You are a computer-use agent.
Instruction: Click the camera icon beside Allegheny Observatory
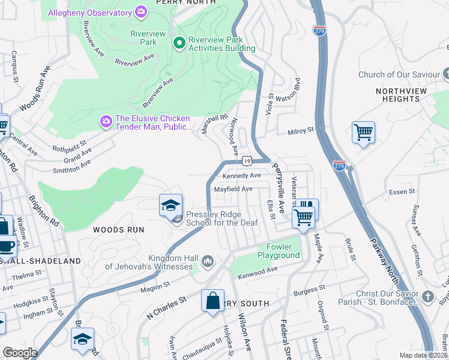click(x=142, y=11)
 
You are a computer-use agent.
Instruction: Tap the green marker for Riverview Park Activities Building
click(x=178, y=43)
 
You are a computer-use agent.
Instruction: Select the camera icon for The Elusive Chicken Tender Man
click(x=106, y=122)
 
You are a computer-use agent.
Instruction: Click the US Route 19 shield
click(x=247, y=161)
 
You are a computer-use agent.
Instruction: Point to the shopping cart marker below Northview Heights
click(x=363, y=132)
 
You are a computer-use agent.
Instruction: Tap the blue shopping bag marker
click(x=212, y=301)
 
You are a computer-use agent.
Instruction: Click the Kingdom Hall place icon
click(x=208, y=261)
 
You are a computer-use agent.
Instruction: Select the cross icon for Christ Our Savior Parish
click(x=427, y=297)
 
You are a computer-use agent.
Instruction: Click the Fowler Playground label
click(x=279, y=251)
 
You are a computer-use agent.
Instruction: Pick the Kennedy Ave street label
click(x=241, y=176)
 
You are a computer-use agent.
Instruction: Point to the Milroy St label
click(x=301, y=130)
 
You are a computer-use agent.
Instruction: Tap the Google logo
click(x=20, y=352)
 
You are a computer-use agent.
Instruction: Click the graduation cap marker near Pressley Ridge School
click(x=170, y=205)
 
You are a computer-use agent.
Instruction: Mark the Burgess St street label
click(x=309, y=292)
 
